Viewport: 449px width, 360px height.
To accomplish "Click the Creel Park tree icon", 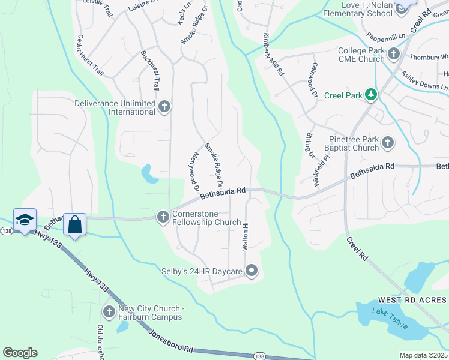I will pos(371,94).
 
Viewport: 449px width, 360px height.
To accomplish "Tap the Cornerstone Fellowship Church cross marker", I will pos(163,217).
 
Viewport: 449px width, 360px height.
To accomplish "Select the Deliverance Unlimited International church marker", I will pos(164,107).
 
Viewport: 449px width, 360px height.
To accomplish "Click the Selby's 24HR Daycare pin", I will pos(252,272).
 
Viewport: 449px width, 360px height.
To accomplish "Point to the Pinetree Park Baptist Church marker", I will pos(388,143).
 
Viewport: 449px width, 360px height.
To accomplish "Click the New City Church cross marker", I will pos(109,312).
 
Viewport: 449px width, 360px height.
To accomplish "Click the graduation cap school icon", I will pos(25,220).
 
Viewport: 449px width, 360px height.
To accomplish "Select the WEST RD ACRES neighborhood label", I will pos(412,300).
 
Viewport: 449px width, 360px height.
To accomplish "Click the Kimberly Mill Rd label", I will pos(273,54).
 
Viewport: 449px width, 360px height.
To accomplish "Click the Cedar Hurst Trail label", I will pos(90,55).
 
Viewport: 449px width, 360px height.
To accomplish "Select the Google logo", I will pos(20,353).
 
